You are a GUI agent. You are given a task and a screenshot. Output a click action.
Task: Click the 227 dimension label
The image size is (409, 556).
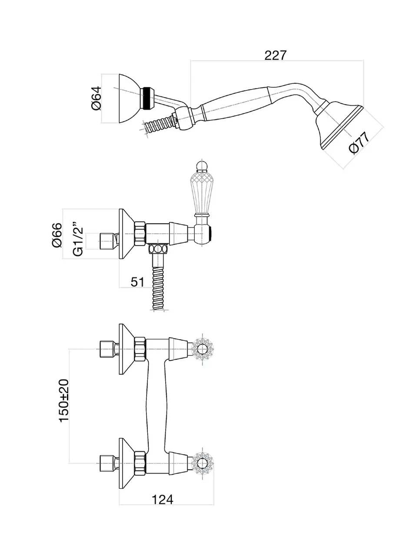point(276,55)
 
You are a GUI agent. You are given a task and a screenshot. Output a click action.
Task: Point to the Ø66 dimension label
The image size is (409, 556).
point(57,235)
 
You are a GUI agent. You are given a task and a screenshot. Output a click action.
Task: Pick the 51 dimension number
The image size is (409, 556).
point(137,282)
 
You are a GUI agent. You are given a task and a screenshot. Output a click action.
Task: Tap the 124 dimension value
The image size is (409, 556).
point(163,500)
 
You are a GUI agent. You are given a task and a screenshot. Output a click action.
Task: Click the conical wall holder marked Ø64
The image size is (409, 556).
point(129,99)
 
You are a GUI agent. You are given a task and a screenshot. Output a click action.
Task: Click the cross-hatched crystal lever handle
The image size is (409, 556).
point(202,191)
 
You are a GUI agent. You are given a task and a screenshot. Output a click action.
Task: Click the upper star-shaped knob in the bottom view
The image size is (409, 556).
point(202,349)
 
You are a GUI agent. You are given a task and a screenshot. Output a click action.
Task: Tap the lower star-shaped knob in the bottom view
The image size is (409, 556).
point(202,463)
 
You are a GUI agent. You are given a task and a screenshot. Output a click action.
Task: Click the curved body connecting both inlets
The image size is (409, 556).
point(156,406)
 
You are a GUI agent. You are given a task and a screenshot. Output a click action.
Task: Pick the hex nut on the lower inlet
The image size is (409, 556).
point(140,463)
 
